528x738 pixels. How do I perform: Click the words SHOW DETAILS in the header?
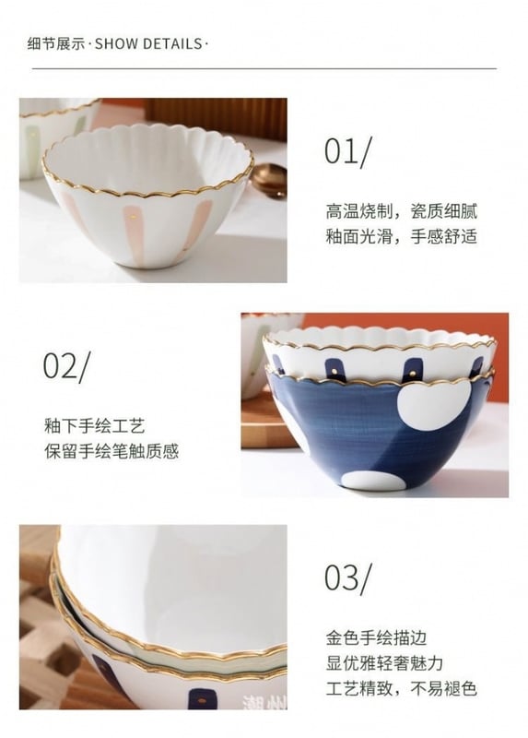coord(148,43)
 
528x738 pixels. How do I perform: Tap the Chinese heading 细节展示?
coord(56,43)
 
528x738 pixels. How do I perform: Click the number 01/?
coord(347,151)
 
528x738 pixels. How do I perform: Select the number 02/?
coord(65,365)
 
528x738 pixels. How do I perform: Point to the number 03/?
coord(347,577)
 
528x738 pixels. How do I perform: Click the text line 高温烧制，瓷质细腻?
coord(402,211)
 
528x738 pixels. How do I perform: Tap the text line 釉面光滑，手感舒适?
coord(402,236)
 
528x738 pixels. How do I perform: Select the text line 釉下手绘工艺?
coord(95,426)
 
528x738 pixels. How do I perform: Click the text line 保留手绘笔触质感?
coord(111,451)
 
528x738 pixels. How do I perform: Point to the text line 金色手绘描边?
coord(376,637)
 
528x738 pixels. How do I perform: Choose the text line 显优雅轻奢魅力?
coord(384,663)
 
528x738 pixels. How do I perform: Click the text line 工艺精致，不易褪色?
coord(402,688)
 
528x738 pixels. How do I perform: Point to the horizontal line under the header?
coord(264,68)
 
